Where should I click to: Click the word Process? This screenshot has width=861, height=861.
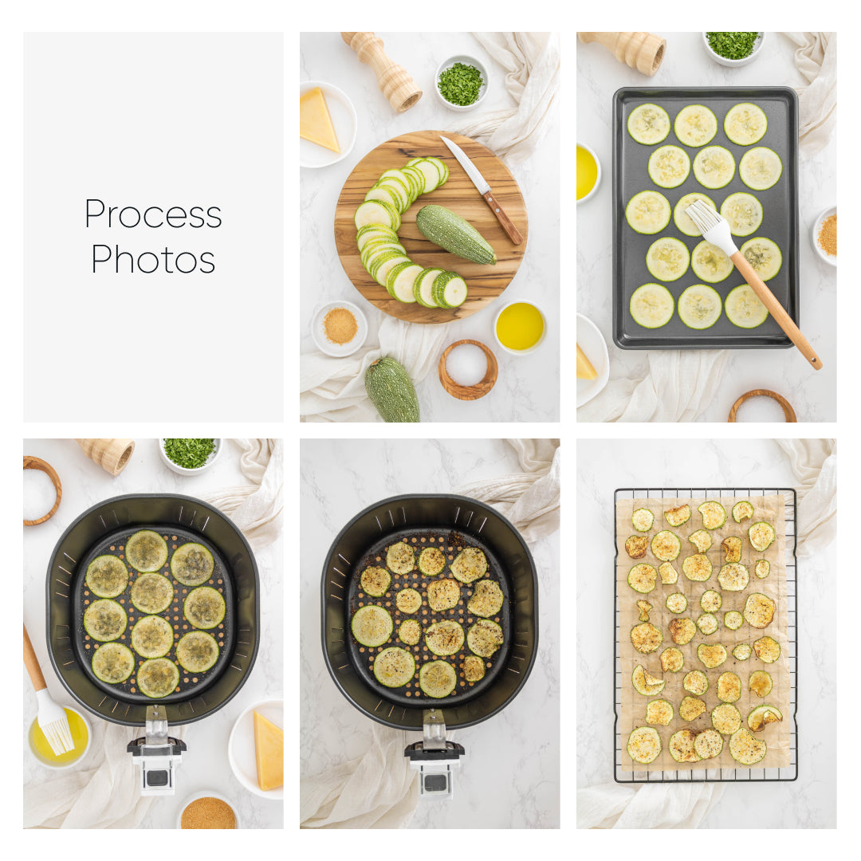[153, 214]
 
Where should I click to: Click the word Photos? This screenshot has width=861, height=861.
[153, 259]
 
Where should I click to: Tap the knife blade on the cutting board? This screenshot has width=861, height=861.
[464, 166]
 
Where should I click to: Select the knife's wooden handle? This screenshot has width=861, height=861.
[502, 217]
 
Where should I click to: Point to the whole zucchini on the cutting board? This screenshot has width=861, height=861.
[455, 234]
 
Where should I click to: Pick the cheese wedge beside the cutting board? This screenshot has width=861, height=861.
[318, 120]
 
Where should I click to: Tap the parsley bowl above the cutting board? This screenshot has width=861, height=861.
[461, 83]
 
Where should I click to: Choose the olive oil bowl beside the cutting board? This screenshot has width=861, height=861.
[520, 326]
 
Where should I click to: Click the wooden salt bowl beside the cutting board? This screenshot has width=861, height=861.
[468, 368]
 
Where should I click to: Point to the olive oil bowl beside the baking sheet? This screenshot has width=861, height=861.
[587, 172]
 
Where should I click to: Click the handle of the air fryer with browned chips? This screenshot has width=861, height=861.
[434, 753]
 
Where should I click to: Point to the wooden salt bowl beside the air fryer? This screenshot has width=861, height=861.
[40, 490]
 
